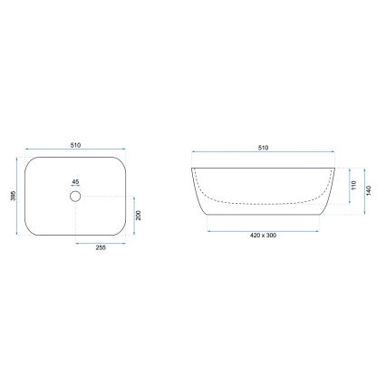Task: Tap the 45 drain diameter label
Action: point(74,180)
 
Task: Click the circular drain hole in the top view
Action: point(74,196)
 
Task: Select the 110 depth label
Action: point(352,187)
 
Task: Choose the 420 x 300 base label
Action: point(264,236)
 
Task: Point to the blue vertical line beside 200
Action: point(132,217)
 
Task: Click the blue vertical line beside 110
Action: point(347,187)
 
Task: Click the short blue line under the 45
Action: point(74,187)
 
